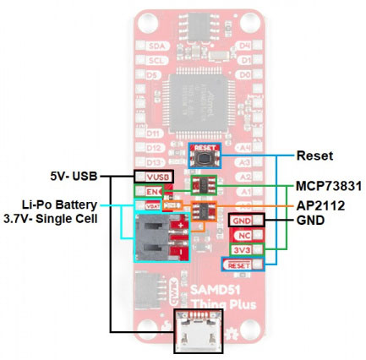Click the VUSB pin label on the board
click(152, 177)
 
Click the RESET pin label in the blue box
click(239, 266)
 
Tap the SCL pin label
click(153, 60)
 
